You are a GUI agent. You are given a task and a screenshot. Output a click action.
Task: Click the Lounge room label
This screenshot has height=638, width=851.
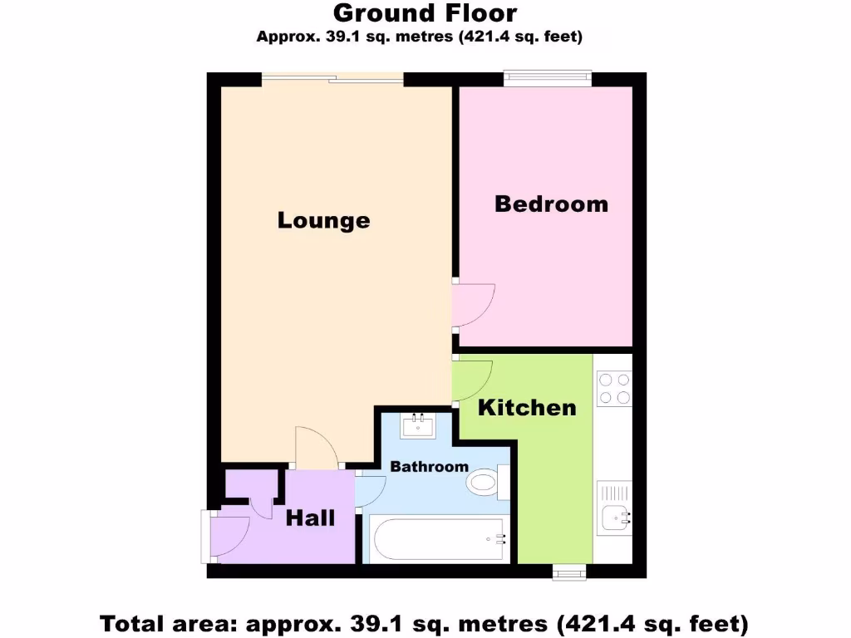(x=323, y=220)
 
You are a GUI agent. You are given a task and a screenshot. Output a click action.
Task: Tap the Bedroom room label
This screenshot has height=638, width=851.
(x=551, y=204)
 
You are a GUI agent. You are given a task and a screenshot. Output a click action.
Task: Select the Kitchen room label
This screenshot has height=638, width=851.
(x=526, y=407)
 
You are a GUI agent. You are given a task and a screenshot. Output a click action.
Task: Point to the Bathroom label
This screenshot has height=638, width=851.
(x=429, y=467)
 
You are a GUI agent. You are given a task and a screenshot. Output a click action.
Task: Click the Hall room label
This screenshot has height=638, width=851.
(x=310, y=518)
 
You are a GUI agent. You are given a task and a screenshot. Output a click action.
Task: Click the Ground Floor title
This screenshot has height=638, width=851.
(x=425, y=13)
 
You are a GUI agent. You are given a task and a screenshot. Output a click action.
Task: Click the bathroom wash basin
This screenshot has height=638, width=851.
(x=416, y=425)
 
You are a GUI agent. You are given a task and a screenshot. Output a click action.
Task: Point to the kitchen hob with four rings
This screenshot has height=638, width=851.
(x=613, y=388)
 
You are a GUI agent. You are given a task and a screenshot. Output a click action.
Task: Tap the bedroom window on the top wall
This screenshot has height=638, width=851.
(x=548, y=79)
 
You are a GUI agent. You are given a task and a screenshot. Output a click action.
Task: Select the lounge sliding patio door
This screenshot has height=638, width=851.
(x=332, y=79)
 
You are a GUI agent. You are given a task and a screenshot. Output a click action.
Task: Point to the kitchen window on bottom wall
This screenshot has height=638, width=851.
(x=570, y=571)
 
